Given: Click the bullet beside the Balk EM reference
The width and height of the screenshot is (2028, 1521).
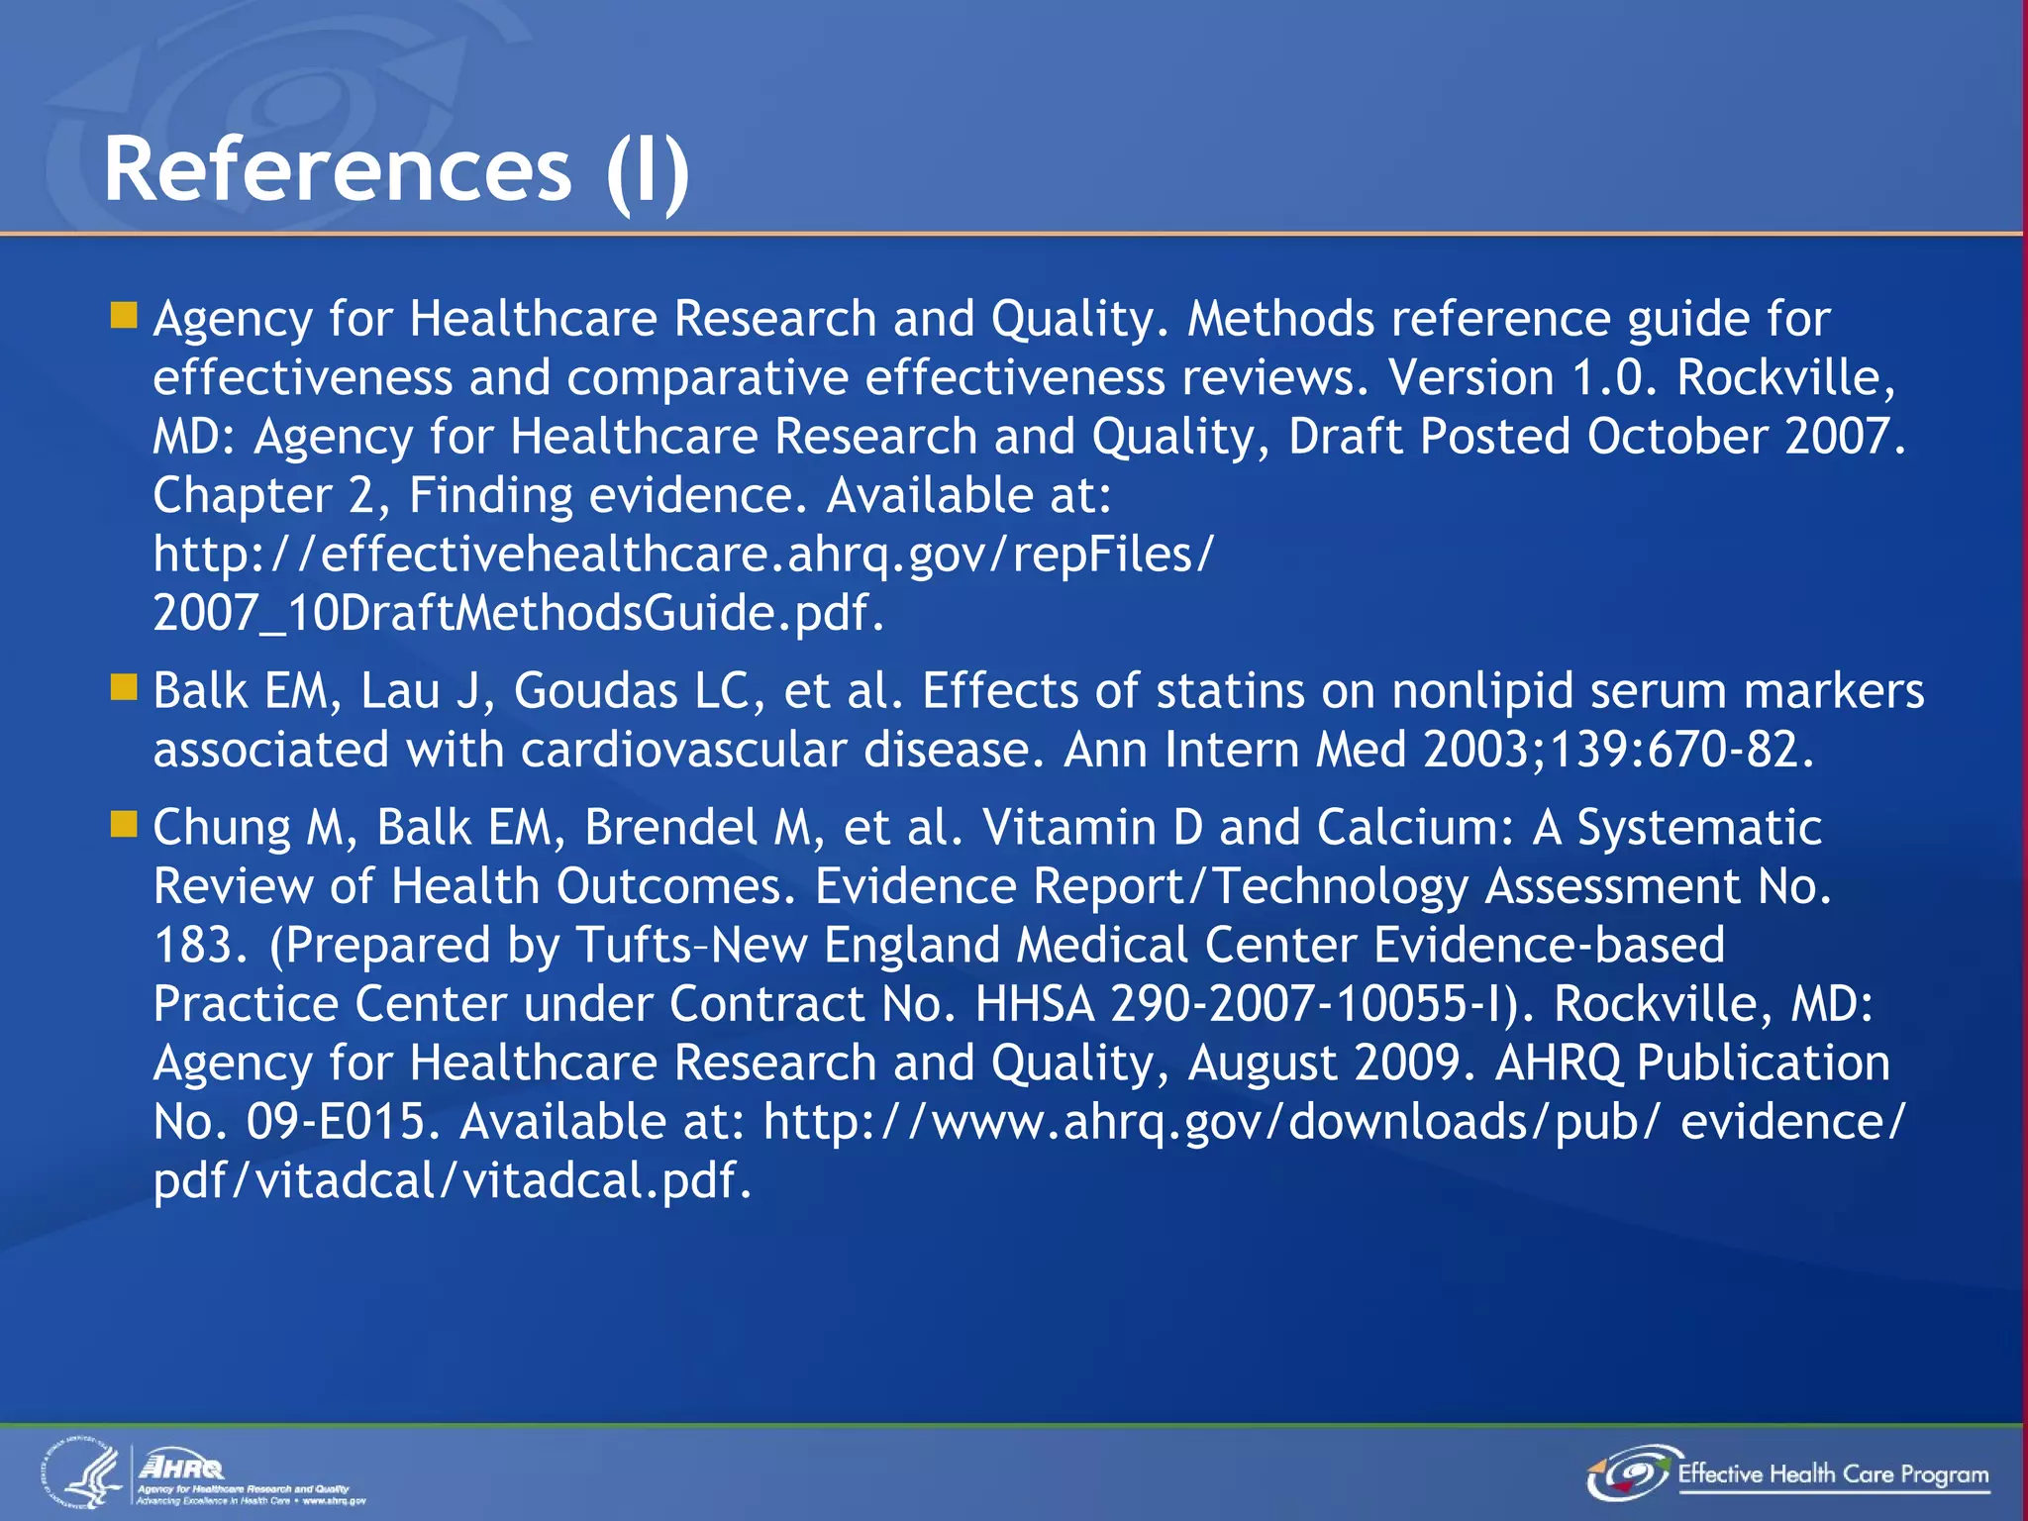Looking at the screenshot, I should click(x=124, y=687).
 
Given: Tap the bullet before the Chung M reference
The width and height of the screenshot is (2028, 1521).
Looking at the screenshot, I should click(x=124, y=824).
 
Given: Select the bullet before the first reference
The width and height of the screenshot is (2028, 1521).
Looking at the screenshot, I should click(x=124, y=316).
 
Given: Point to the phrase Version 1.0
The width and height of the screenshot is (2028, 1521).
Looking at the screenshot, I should click(x=1521, y=377).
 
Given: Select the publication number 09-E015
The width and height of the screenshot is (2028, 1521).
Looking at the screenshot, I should click(x=336, y=1122).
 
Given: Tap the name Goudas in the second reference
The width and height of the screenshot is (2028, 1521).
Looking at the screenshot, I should click(x=595, y=690).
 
